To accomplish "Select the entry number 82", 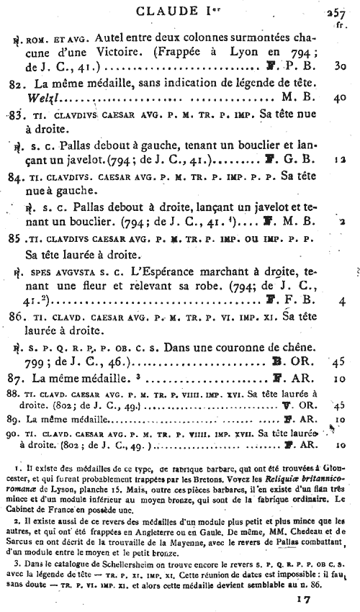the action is tap(21, 84).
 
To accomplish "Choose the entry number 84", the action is tap(21, 175).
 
